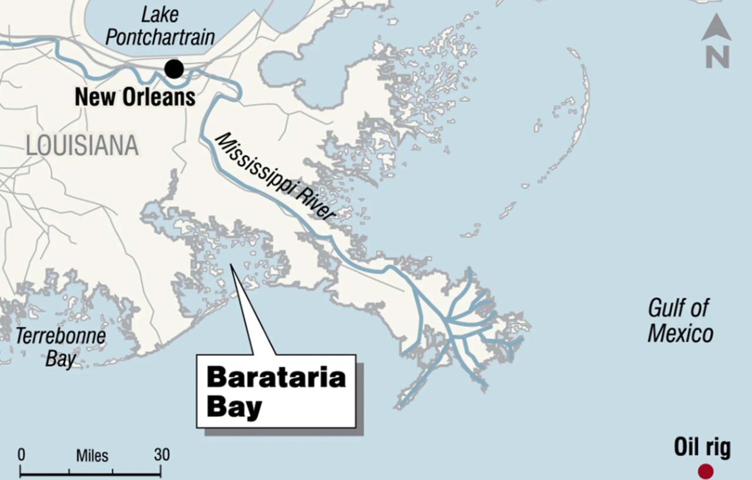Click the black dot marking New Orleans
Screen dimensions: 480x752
tap(174, 69)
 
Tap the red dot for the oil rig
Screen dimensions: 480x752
tap(705, 471)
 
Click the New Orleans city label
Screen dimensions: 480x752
tap(135, 97)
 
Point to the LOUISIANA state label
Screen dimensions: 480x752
tap(82, 145)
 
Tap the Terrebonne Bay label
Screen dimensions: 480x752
tap(61, 347)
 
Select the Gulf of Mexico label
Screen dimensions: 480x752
tap(680, 320)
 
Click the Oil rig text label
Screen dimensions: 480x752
tap(702, 448)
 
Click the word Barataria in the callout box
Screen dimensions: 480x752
tap(276, 377)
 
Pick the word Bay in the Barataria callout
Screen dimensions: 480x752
tap(234, 407)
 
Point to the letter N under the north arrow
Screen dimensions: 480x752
tap(717, 56)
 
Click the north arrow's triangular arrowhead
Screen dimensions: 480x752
tap(717, 28)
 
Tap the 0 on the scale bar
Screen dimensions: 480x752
tap(22, 455)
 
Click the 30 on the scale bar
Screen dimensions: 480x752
tap(162, 455)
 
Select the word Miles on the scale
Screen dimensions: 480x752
tap(92, 455)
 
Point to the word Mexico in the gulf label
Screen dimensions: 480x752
tap(680, 334)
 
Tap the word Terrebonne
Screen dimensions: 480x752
tap(61, 337)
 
